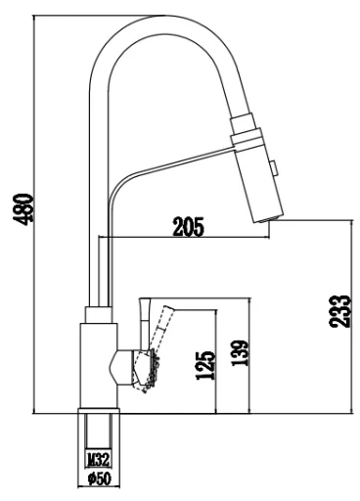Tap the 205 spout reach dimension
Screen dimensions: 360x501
tap(188, 226)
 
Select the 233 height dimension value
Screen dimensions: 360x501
tap(339, 311)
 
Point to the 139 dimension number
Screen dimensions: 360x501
tap(240, 353)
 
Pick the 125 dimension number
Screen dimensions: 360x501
tap(205, 365)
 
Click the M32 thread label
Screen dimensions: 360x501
tap(98, 460)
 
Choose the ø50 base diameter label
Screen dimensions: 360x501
tap(100, 478)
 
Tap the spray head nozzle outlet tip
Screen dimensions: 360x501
tap(268, 219)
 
